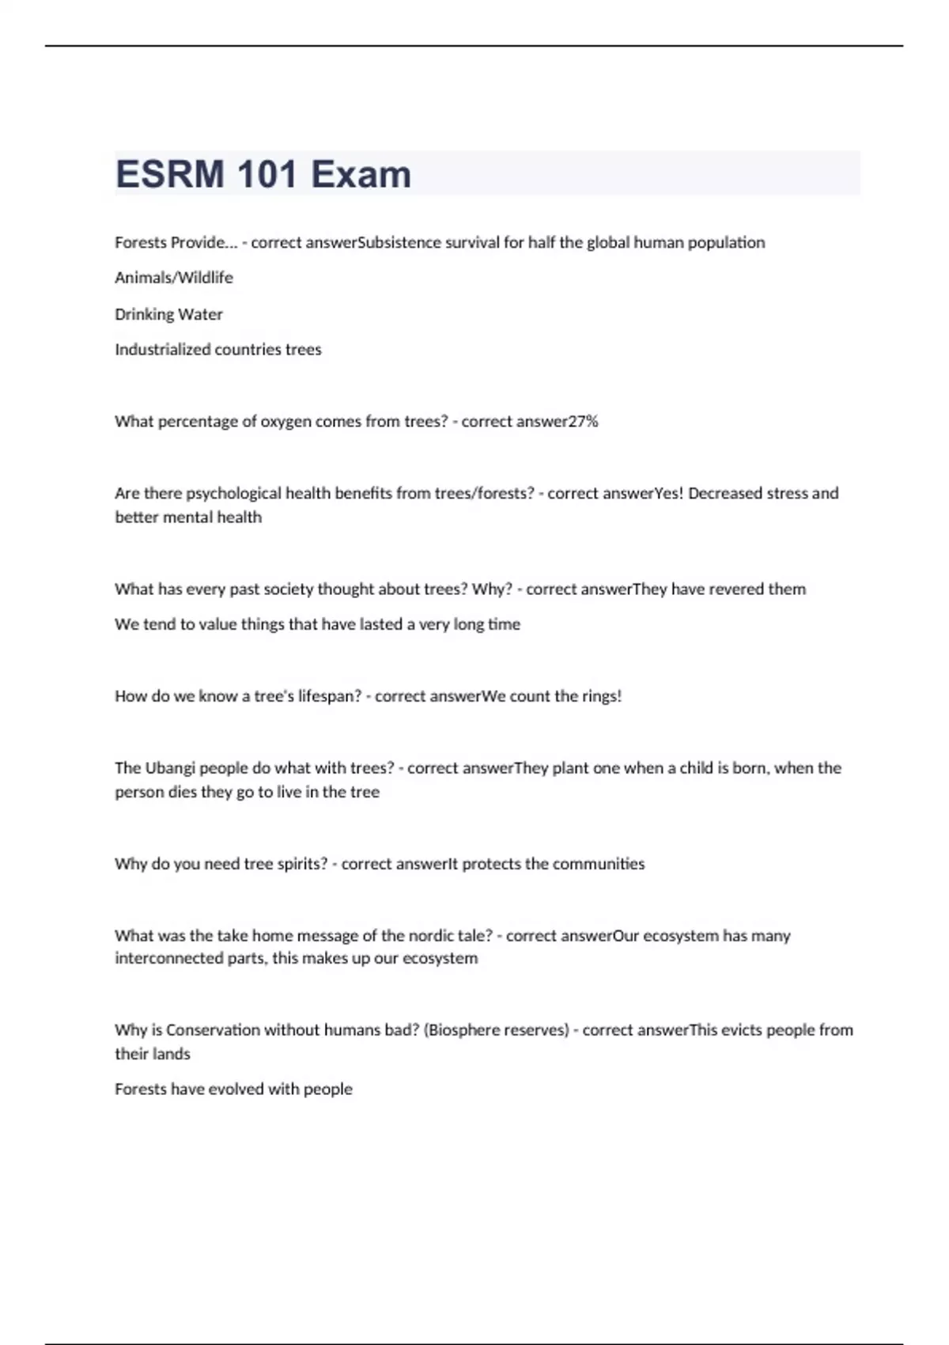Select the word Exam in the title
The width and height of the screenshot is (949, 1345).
click(x=361, y=174)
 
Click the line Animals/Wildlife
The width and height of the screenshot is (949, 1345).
click(x=174, y=278)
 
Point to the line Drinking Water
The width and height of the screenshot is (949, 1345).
click(x=168, y=314)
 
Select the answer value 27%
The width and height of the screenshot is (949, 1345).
click(x=583, y=422)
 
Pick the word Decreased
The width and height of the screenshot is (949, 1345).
click(x=723, y=494)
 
